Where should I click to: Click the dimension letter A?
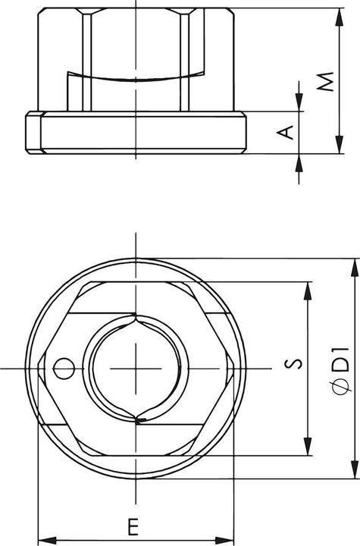286,133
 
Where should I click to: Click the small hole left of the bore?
64,368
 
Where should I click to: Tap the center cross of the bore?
136,368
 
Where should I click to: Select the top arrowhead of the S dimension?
308,289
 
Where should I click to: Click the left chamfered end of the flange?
33,133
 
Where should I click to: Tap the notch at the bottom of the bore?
139,417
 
